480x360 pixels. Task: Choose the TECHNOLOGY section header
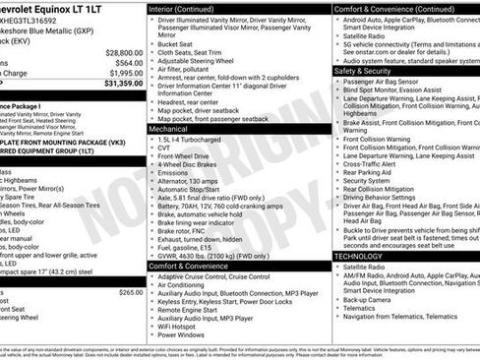coord(359,255)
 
